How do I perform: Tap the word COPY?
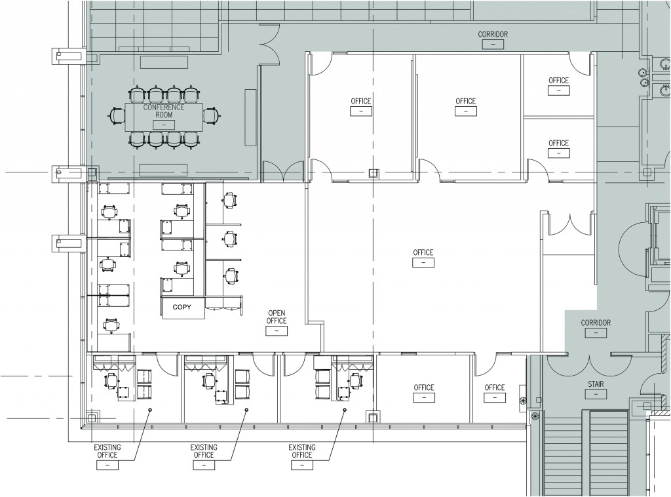pos(182,307)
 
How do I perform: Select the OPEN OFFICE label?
pos(277,317)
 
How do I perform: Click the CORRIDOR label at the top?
pos(493,34)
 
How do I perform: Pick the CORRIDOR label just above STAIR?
pos(596,323)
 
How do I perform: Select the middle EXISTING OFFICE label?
pos(204,451)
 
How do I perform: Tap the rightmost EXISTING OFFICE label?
pos(301,451)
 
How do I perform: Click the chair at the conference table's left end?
pos(117,115)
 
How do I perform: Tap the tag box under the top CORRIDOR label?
pos(493,44)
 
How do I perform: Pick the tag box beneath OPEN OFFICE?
pos(277,331)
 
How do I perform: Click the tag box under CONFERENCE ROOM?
pos(155,124)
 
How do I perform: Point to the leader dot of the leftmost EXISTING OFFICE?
pos(149,410)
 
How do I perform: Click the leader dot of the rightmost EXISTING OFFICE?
pos(344,410)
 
